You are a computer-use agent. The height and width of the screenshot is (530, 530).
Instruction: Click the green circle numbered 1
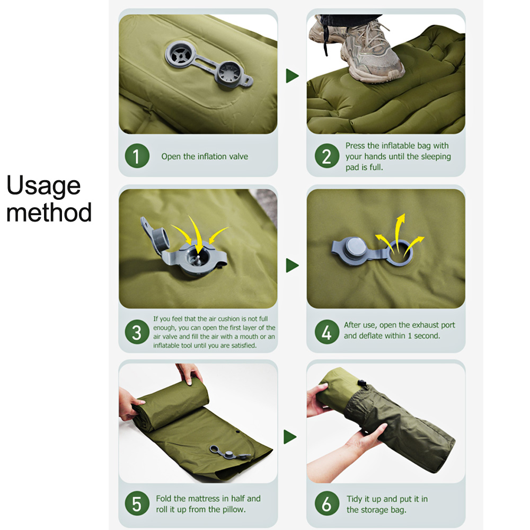point(137,156)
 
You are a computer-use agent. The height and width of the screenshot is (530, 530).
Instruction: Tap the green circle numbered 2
point(327,156)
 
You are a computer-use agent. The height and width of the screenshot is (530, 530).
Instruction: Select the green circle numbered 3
point(137,332)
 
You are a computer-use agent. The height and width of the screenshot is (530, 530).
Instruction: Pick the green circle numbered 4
point(327,332)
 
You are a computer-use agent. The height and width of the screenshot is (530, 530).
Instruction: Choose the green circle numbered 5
point(137,503)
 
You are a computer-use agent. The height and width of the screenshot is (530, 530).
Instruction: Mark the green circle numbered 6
point(327,503)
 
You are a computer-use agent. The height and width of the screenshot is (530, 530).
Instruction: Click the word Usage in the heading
point(43,186)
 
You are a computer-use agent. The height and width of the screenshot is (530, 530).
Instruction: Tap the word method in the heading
point(49,213)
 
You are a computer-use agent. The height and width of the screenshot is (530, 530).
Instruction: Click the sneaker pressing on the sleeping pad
point(372,54)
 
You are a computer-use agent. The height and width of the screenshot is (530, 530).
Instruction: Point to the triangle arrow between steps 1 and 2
point(291,76)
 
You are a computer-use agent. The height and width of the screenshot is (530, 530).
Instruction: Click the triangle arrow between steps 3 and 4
point(291,266)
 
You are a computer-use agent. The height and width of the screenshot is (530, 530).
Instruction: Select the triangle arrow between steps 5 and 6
point(290,437)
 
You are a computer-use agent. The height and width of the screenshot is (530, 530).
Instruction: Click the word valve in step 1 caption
point(238,156)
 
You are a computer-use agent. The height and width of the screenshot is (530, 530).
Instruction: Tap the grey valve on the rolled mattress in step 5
point(229,453)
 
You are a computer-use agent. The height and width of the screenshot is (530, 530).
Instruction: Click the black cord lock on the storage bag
point(362,384)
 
